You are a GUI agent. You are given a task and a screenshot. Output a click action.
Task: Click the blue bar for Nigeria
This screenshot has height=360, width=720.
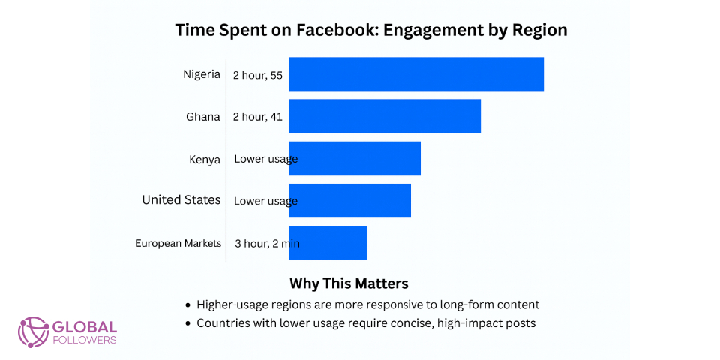(416, 74)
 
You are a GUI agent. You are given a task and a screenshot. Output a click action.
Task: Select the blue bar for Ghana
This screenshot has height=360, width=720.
(385, 116)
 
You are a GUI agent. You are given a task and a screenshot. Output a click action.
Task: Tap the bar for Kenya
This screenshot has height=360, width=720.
(355, 158)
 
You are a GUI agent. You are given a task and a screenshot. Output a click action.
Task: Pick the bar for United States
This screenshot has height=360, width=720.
(349, 200)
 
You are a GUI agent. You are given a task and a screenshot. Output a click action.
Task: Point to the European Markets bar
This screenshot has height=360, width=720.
(328, 242)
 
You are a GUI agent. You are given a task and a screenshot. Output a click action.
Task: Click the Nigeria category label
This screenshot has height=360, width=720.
(202, 74)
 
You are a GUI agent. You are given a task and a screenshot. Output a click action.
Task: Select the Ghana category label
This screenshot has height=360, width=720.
(203, 116)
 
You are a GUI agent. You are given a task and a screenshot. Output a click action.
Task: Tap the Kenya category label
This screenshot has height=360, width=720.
(205, 159)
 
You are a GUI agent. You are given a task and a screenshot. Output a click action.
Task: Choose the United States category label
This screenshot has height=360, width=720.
(181, 200)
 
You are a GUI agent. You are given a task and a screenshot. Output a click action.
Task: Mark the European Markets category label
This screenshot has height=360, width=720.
(178, 243)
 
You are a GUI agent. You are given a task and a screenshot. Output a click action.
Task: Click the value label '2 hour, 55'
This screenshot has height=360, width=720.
(257, 75)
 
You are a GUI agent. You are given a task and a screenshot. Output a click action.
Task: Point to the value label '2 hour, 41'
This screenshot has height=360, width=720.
(257, 117)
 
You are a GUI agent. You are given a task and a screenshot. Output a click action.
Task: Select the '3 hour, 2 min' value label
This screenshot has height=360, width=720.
(267, 243)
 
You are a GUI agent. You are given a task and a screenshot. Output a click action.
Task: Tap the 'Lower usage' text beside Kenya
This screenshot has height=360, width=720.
(265, 159)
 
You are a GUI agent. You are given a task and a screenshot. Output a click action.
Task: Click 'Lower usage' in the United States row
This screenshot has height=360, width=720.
(265, 201)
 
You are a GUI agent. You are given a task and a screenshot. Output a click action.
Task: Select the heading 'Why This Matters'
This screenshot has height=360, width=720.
(349, 283)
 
